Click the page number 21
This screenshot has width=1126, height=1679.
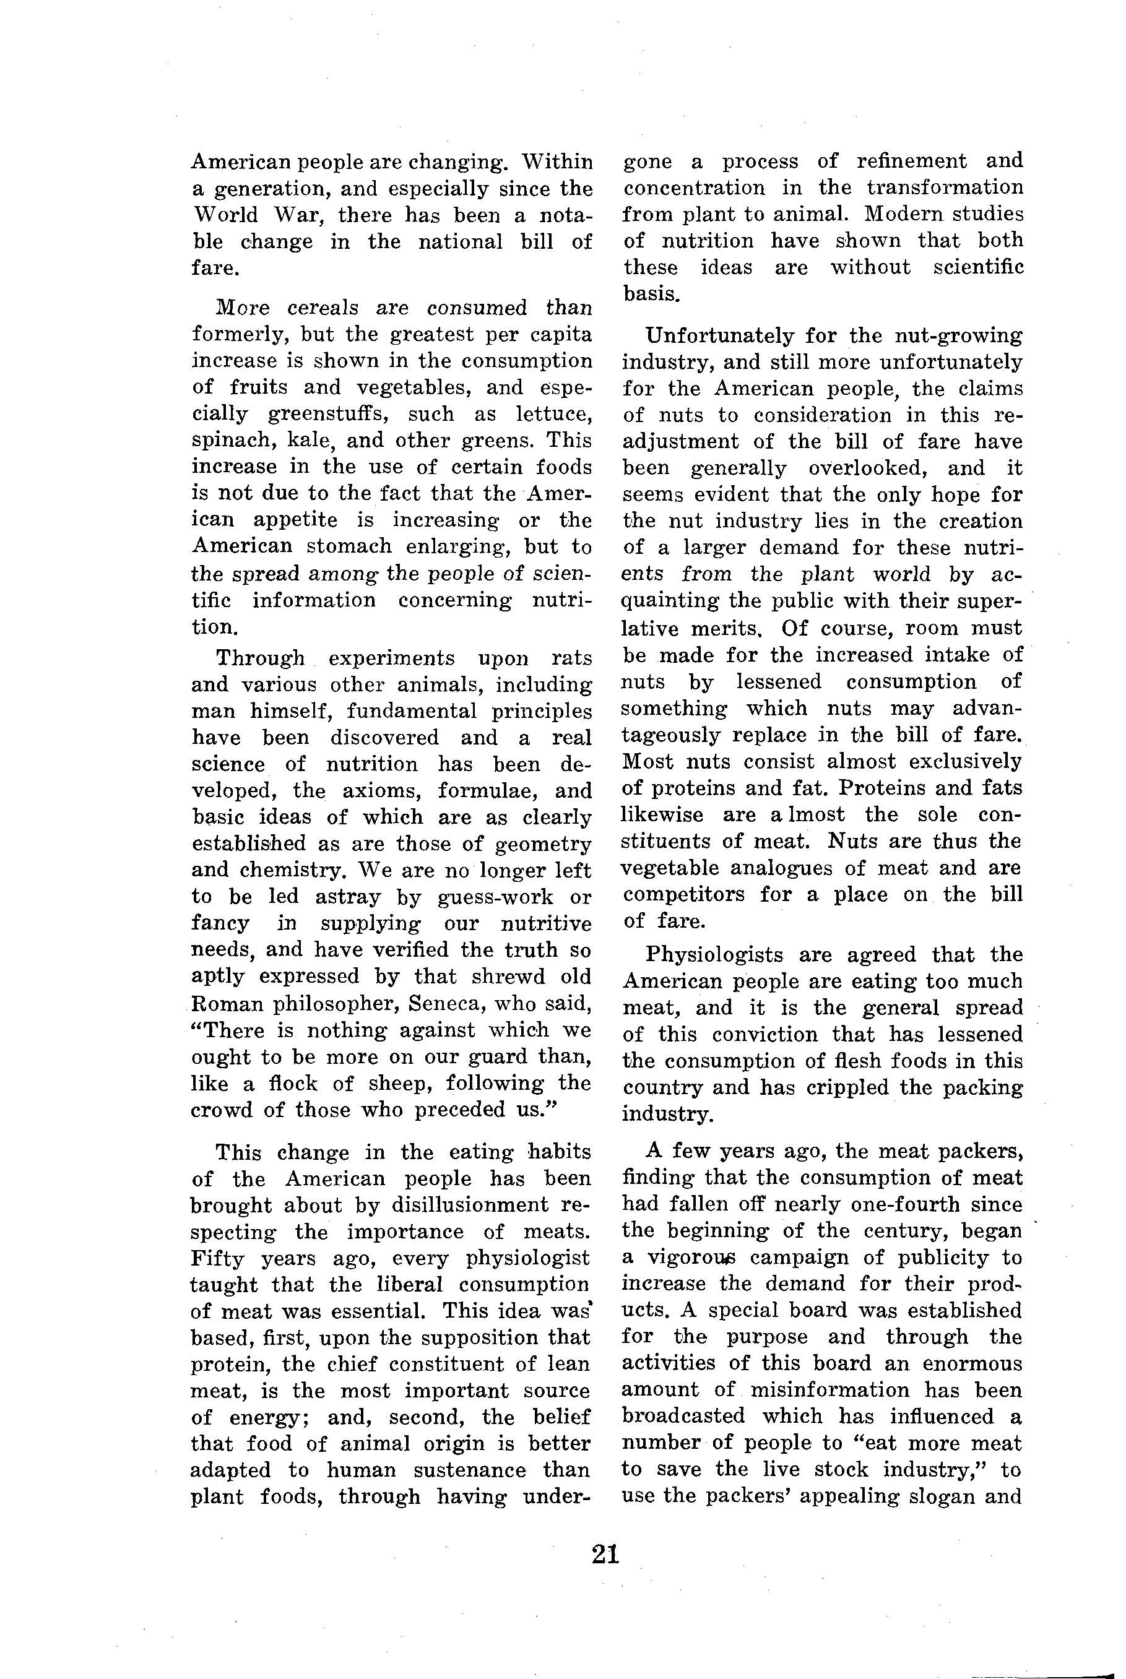605,1554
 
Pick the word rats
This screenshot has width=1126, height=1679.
571,657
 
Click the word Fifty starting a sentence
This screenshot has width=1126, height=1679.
218,1258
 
